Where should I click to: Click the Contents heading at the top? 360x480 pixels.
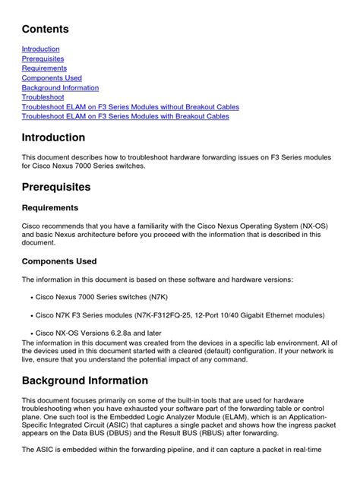click(x=45, y=30)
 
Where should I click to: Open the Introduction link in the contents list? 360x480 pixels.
click(x=40, y=49)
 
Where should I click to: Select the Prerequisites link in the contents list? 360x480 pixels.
click(x=43, y=58)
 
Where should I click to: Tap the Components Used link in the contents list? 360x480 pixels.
click(x=52, y=78)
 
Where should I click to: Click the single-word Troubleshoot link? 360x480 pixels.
click(x=43, y=98)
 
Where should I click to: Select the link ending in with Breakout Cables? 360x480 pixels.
click(x=125, y=117)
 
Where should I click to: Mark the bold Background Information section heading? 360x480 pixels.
click(x=85, y=381)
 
